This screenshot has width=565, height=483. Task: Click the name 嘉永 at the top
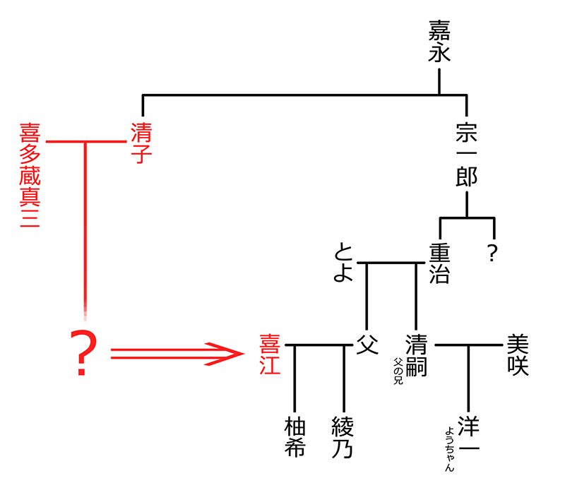click(439, 42)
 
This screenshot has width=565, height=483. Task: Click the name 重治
click(439, 263)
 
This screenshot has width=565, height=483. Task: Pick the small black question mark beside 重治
click(493, 254)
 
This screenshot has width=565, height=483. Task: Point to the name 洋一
click(468, 436)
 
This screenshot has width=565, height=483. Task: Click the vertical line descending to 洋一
click(468, 378)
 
